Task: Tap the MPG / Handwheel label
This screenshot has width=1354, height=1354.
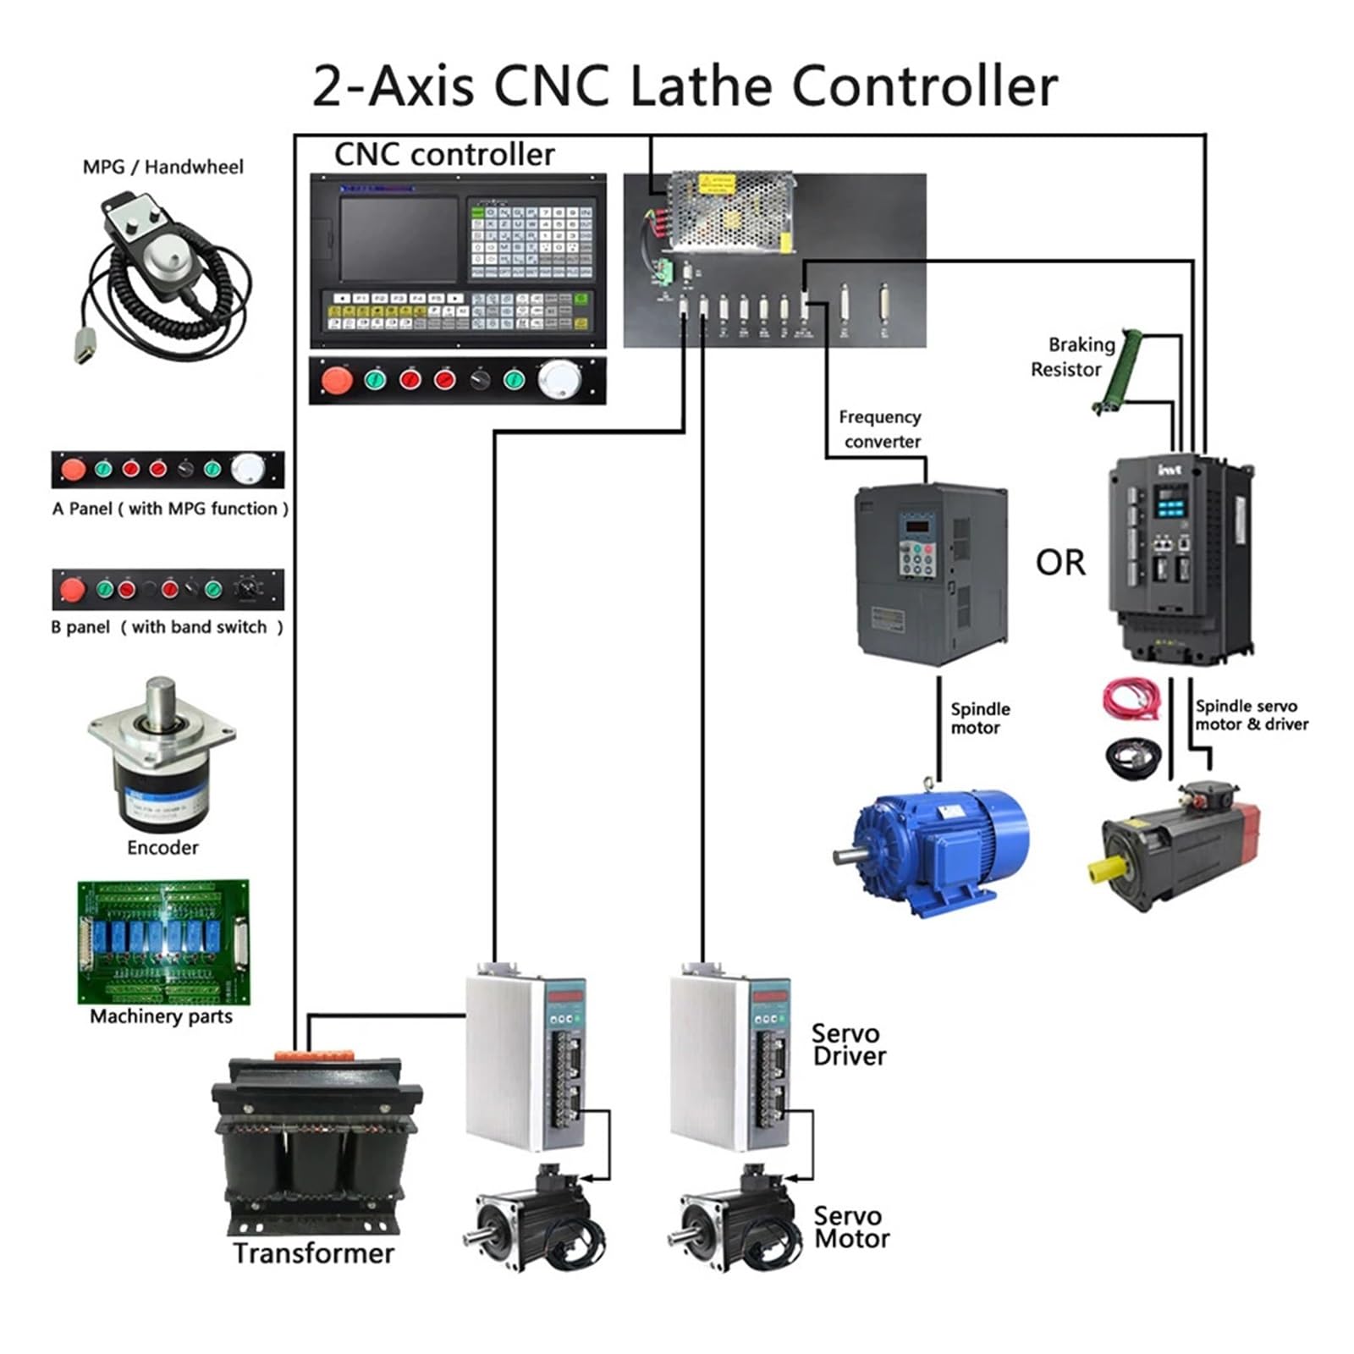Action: click(162, 167)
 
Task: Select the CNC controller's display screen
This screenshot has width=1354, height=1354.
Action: click(398, 240)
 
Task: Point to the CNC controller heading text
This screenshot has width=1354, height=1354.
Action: click(444, 155)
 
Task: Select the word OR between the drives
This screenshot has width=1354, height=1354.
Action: click(1060, 563)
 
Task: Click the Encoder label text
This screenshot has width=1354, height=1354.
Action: click(162, 847)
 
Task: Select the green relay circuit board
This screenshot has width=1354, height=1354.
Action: click(162, 942)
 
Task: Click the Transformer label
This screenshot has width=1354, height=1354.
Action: click(313, 1253)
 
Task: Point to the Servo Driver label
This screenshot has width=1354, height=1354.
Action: click(848, 1044)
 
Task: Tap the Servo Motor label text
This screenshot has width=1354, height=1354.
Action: click(850, 1227)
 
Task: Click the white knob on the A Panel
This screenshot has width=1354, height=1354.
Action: click(247, 468)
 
